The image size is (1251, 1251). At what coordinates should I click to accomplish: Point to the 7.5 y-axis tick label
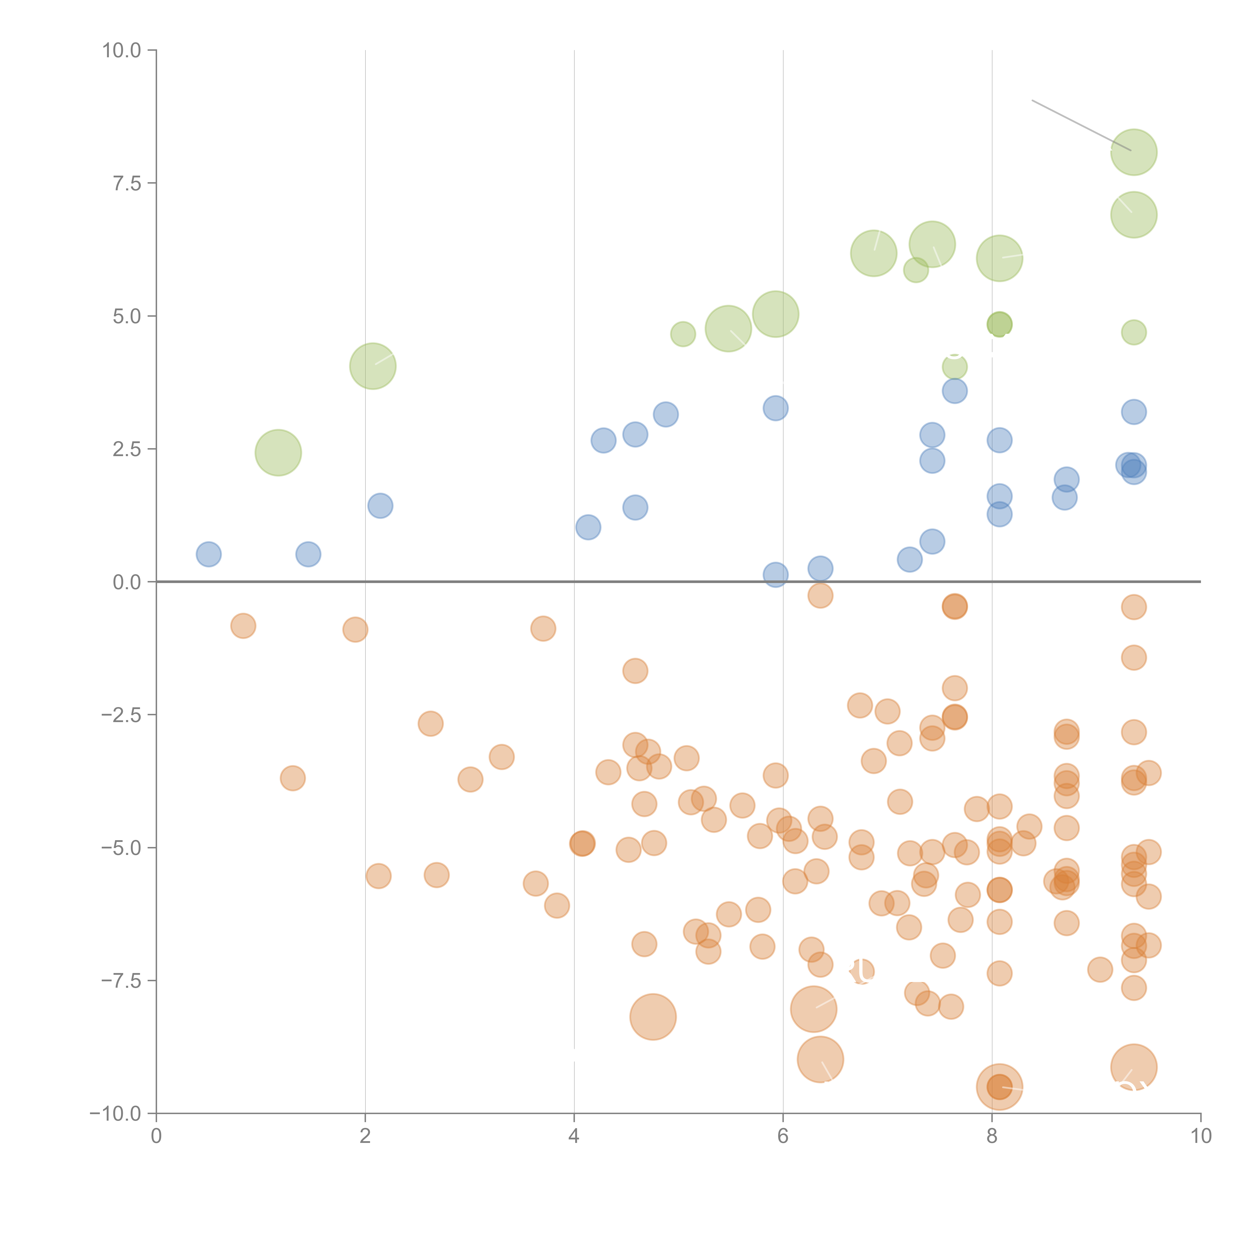[127, 183]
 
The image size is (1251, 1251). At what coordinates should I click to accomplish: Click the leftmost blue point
[208, 554]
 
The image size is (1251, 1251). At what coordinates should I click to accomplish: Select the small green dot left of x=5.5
[683, 334]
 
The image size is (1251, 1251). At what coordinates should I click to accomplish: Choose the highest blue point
[955, 391]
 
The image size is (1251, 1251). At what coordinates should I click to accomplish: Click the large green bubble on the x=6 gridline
[776, 314]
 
